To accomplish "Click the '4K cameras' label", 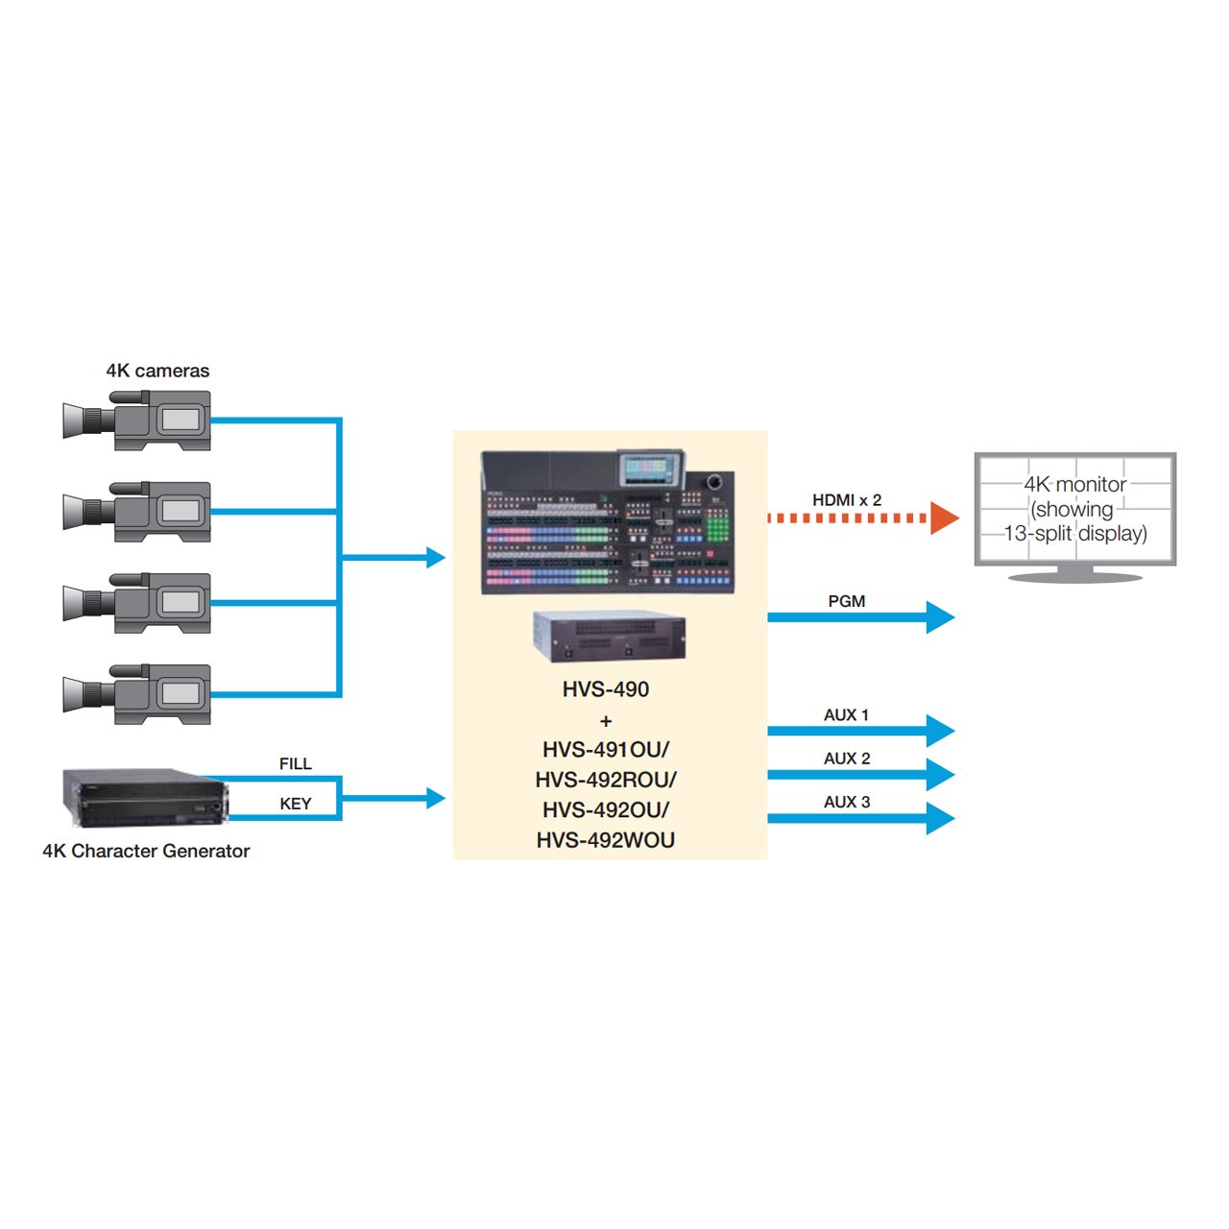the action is (x=157, y=371).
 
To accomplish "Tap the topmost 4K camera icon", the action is (x=136, y=421).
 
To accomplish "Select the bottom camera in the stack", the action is (x=136, y=694).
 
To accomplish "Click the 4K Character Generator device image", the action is (x=145, y=798).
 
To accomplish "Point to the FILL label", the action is (x=296, y=763).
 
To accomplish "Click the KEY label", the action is (x=296, y=804).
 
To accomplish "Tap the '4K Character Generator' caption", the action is (x=146, y=851).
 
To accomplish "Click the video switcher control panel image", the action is (x=608, y=521).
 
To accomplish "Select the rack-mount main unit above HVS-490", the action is (x=609, y=636).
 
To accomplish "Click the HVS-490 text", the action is (x=605, y=689).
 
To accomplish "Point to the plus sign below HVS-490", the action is (x=606, y=721).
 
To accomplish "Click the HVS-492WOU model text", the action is (x=605, y=840).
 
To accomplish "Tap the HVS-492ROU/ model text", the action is (x=605, y=780).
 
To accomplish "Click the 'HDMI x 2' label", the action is (x=846, y=500).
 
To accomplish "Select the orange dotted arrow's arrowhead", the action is (x=945, y=518).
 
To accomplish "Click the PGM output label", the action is (x=846, y=601).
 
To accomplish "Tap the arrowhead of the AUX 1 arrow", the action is (x=940, y=731).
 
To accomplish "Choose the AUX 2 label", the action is (x=846, y=759).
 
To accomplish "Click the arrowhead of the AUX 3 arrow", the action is (x=940, y=818).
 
